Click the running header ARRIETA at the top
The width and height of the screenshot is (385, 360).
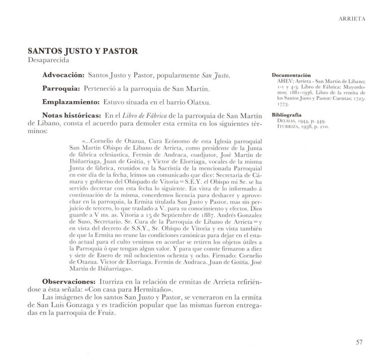(352, 19)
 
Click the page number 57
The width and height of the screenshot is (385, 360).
(359, 342)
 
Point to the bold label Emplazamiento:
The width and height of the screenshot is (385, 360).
(71, 102)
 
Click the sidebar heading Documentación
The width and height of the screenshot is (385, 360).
(291, 75)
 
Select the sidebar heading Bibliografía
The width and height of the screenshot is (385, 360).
(286, 115)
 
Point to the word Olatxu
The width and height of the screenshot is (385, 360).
(199, 103)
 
